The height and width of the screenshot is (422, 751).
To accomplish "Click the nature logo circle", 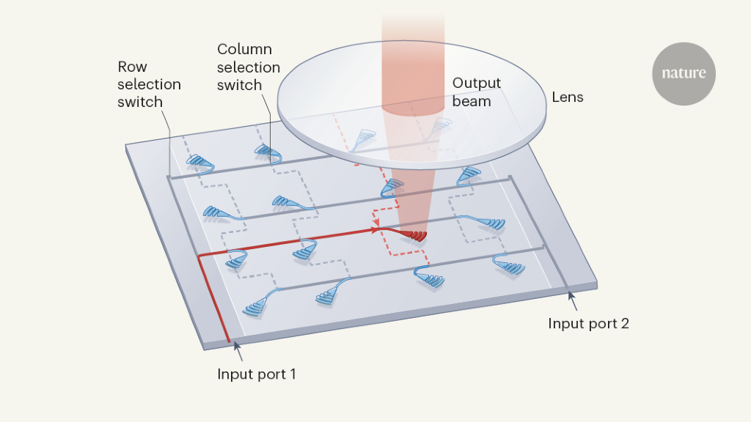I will pyautogui.click(x=684, y=74).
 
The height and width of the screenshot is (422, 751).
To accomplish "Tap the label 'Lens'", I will pyautogui.click(x=567, y=97).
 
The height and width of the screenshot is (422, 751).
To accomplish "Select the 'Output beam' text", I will pyautogui.click(x=472, y=92).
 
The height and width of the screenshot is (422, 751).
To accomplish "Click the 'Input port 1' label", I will pyautogui.click(x=257, y=374).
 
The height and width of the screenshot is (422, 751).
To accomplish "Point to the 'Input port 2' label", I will pyautogui.click(x=588, y=323).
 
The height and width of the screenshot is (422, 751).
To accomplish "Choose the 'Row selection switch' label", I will pyautogui.click(x=149, y=84).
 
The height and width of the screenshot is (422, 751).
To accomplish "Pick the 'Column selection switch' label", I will pyautogui.click(x=249, y=67).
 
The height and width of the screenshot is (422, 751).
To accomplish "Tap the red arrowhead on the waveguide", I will pyautogui.click(x=376, y=230).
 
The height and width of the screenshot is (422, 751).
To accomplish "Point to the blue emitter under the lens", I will pyautogui.click(x=366, y=136).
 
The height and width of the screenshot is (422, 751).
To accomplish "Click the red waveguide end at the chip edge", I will pyautogui.click(x=228, y=340).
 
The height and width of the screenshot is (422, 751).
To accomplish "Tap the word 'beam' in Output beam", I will pyautogui.click(x=472, y=101).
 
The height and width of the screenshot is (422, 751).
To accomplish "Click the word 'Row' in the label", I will pyautogui.click(x=132, y=67).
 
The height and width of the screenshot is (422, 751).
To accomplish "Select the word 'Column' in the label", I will pyautogui.click(x=244, y=50).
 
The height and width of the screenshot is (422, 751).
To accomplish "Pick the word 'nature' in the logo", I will pyautogui.click(x=684, y=74).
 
